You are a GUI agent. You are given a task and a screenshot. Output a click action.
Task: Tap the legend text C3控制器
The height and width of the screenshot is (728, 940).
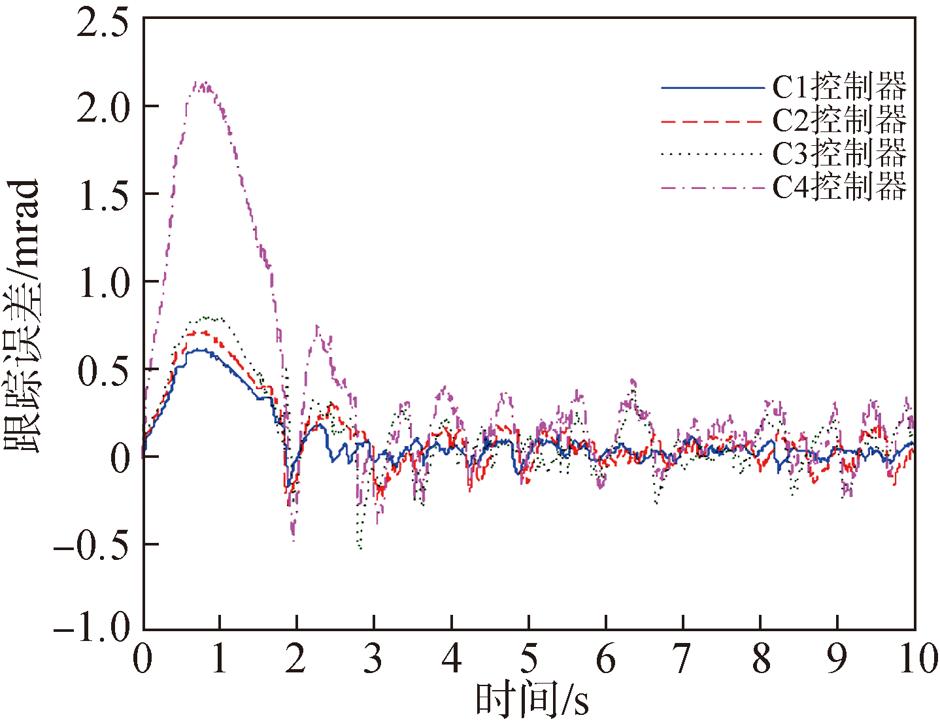coord(839,154)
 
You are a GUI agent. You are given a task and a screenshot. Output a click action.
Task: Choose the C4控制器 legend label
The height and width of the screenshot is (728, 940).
coord(839,188)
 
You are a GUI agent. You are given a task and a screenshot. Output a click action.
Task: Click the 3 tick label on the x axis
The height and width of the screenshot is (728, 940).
coord(373,659)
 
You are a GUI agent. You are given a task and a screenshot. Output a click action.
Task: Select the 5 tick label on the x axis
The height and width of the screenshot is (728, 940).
coord(528,659)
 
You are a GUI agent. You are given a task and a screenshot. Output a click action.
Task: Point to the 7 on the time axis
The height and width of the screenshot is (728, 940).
coord(682,659)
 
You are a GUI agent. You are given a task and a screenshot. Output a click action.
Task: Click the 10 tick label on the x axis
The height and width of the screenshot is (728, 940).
coord(918,659)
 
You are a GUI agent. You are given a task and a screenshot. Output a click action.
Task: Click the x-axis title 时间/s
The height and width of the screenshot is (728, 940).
coord(531,700)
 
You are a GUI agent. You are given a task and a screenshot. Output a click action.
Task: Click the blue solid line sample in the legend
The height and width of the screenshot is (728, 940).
coord(713,88)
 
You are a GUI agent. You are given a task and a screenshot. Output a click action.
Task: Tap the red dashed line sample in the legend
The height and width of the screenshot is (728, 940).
coord(713,122)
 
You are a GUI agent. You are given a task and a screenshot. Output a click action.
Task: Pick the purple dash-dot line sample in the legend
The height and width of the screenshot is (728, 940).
coord(713,188)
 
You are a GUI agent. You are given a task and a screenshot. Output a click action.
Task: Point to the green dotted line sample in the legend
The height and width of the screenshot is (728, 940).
coord(713,155)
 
